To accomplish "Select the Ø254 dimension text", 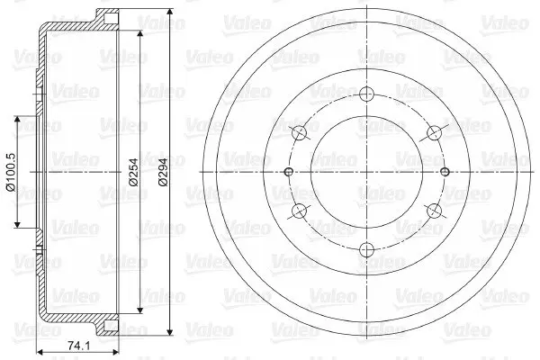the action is click(x=133, y=172).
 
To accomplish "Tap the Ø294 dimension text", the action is click(x=163, y=172).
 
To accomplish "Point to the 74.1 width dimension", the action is click(x=78, y=346).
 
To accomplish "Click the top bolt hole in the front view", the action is click(x=367, y=94).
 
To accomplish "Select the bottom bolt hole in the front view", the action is click(x=367, y=250).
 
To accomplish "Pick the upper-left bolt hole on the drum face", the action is click(x=300, y=133).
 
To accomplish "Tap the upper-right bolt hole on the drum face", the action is click(x=435, y=133).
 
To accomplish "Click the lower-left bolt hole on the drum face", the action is click(x=300, y=211).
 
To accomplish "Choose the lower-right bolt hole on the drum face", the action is click(x=435, y=211).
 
